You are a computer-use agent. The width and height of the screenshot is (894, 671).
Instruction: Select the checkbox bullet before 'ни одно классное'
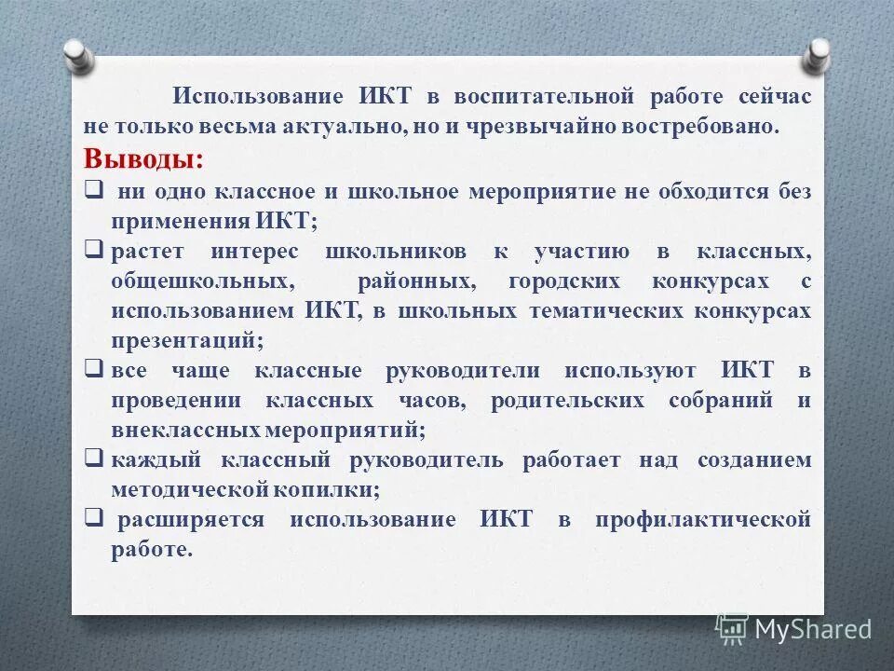[93, 189]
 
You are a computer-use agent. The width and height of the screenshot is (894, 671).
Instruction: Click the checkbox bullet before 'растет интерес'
[93, 250]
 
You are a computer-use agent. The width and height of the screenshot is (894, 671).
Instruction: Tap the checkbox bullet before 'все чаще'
[93, 368]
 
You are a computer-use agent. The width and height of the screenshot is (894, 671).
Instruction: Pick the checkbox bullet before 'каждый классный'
[93, 458]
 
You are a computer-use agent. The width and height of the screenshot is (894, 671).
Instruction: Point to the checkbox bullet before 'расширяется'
[93, 517]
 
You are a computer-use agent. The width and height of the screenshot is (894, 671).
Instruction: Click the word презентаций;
[187, 341]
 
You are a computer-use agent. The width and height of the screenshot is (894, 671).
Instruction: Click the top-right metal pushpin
[816, 54]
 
